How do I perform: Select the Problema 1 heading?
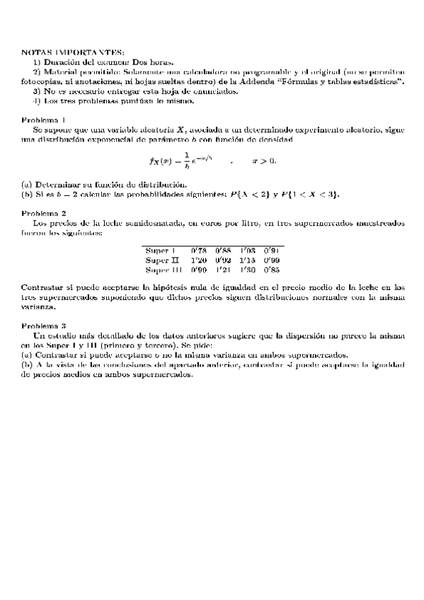[x=44, y=119]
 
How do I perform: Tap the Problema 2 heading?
[x=44, y=212]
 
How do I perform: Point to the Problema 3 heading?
[x=44, y=325]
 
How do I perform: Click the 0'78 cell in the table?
[x=199, y=250]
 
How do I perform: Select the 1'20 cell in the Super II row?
[x=199, y=260]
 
